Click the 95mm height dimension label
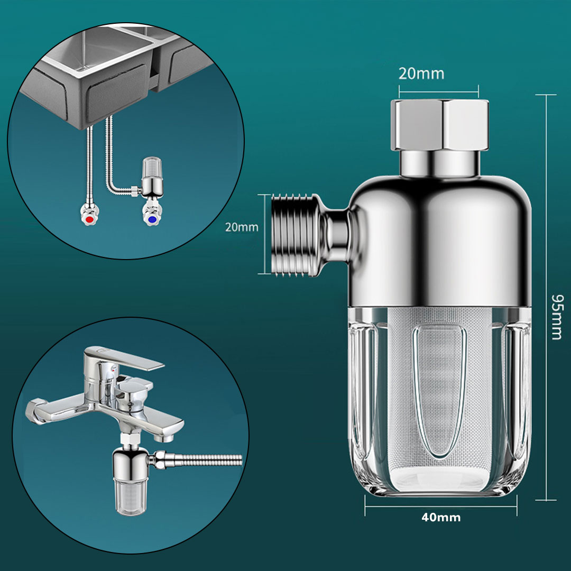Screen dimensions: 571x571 (556, 317)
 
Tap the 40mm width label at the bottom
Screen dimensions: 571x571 (441, 517)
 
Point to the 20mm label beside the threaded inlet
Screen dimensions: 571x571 (242, 227)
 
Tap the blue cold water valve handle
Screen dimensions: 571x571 (152, 218)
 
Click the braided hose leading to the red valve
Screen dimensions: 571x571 (87, 169)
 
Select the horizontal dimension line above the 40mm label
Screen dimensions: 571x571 (441, 506)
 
